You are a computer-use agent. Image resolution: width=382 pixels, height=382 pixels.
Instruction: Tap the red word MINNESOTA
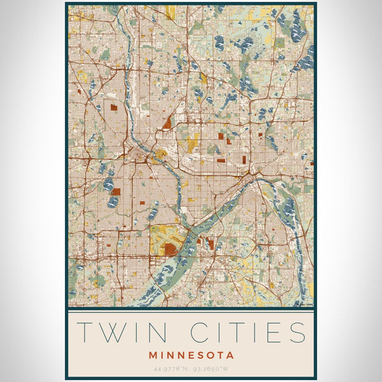pyautogui.click(x=192, y=355)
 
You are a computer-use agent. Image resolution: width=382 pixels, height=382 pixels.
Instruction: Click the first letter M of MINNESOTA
pyautogui.click(x=153, y=355)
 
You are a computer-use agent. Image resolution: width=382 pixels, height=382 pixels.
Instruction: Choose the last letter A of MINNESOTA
pyautogui.click(x=230, y=355)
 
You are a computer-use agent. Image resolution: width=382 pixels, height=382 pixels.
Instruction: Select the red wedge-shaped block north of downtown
pyautogui.click(x=167, y=123)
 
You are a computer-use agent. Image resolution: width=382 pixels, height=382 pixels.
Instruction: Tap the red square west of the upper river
pyautogui.click(x=114, y=107)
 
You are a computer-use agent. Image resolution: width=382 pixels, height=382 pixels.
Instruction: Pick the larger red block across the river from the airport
pyautogui.click(x=210, y=243)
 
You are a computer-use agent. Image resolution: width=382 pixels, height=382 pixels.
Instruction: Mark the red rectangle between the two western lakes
pyautogui.click(x=118, y=190)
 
